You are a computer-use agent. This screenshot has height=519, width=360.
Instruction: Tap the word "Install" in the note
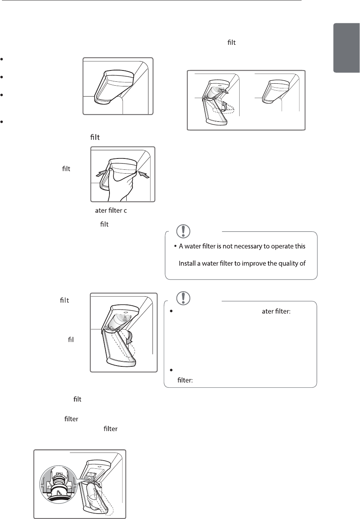point(189,264)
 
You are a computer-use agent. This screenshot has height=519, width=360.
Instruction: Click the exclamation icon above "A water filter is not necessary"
point(182,231)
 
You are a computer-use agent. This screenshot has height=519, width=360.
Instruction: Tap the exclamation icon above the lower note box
point(182,298)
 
